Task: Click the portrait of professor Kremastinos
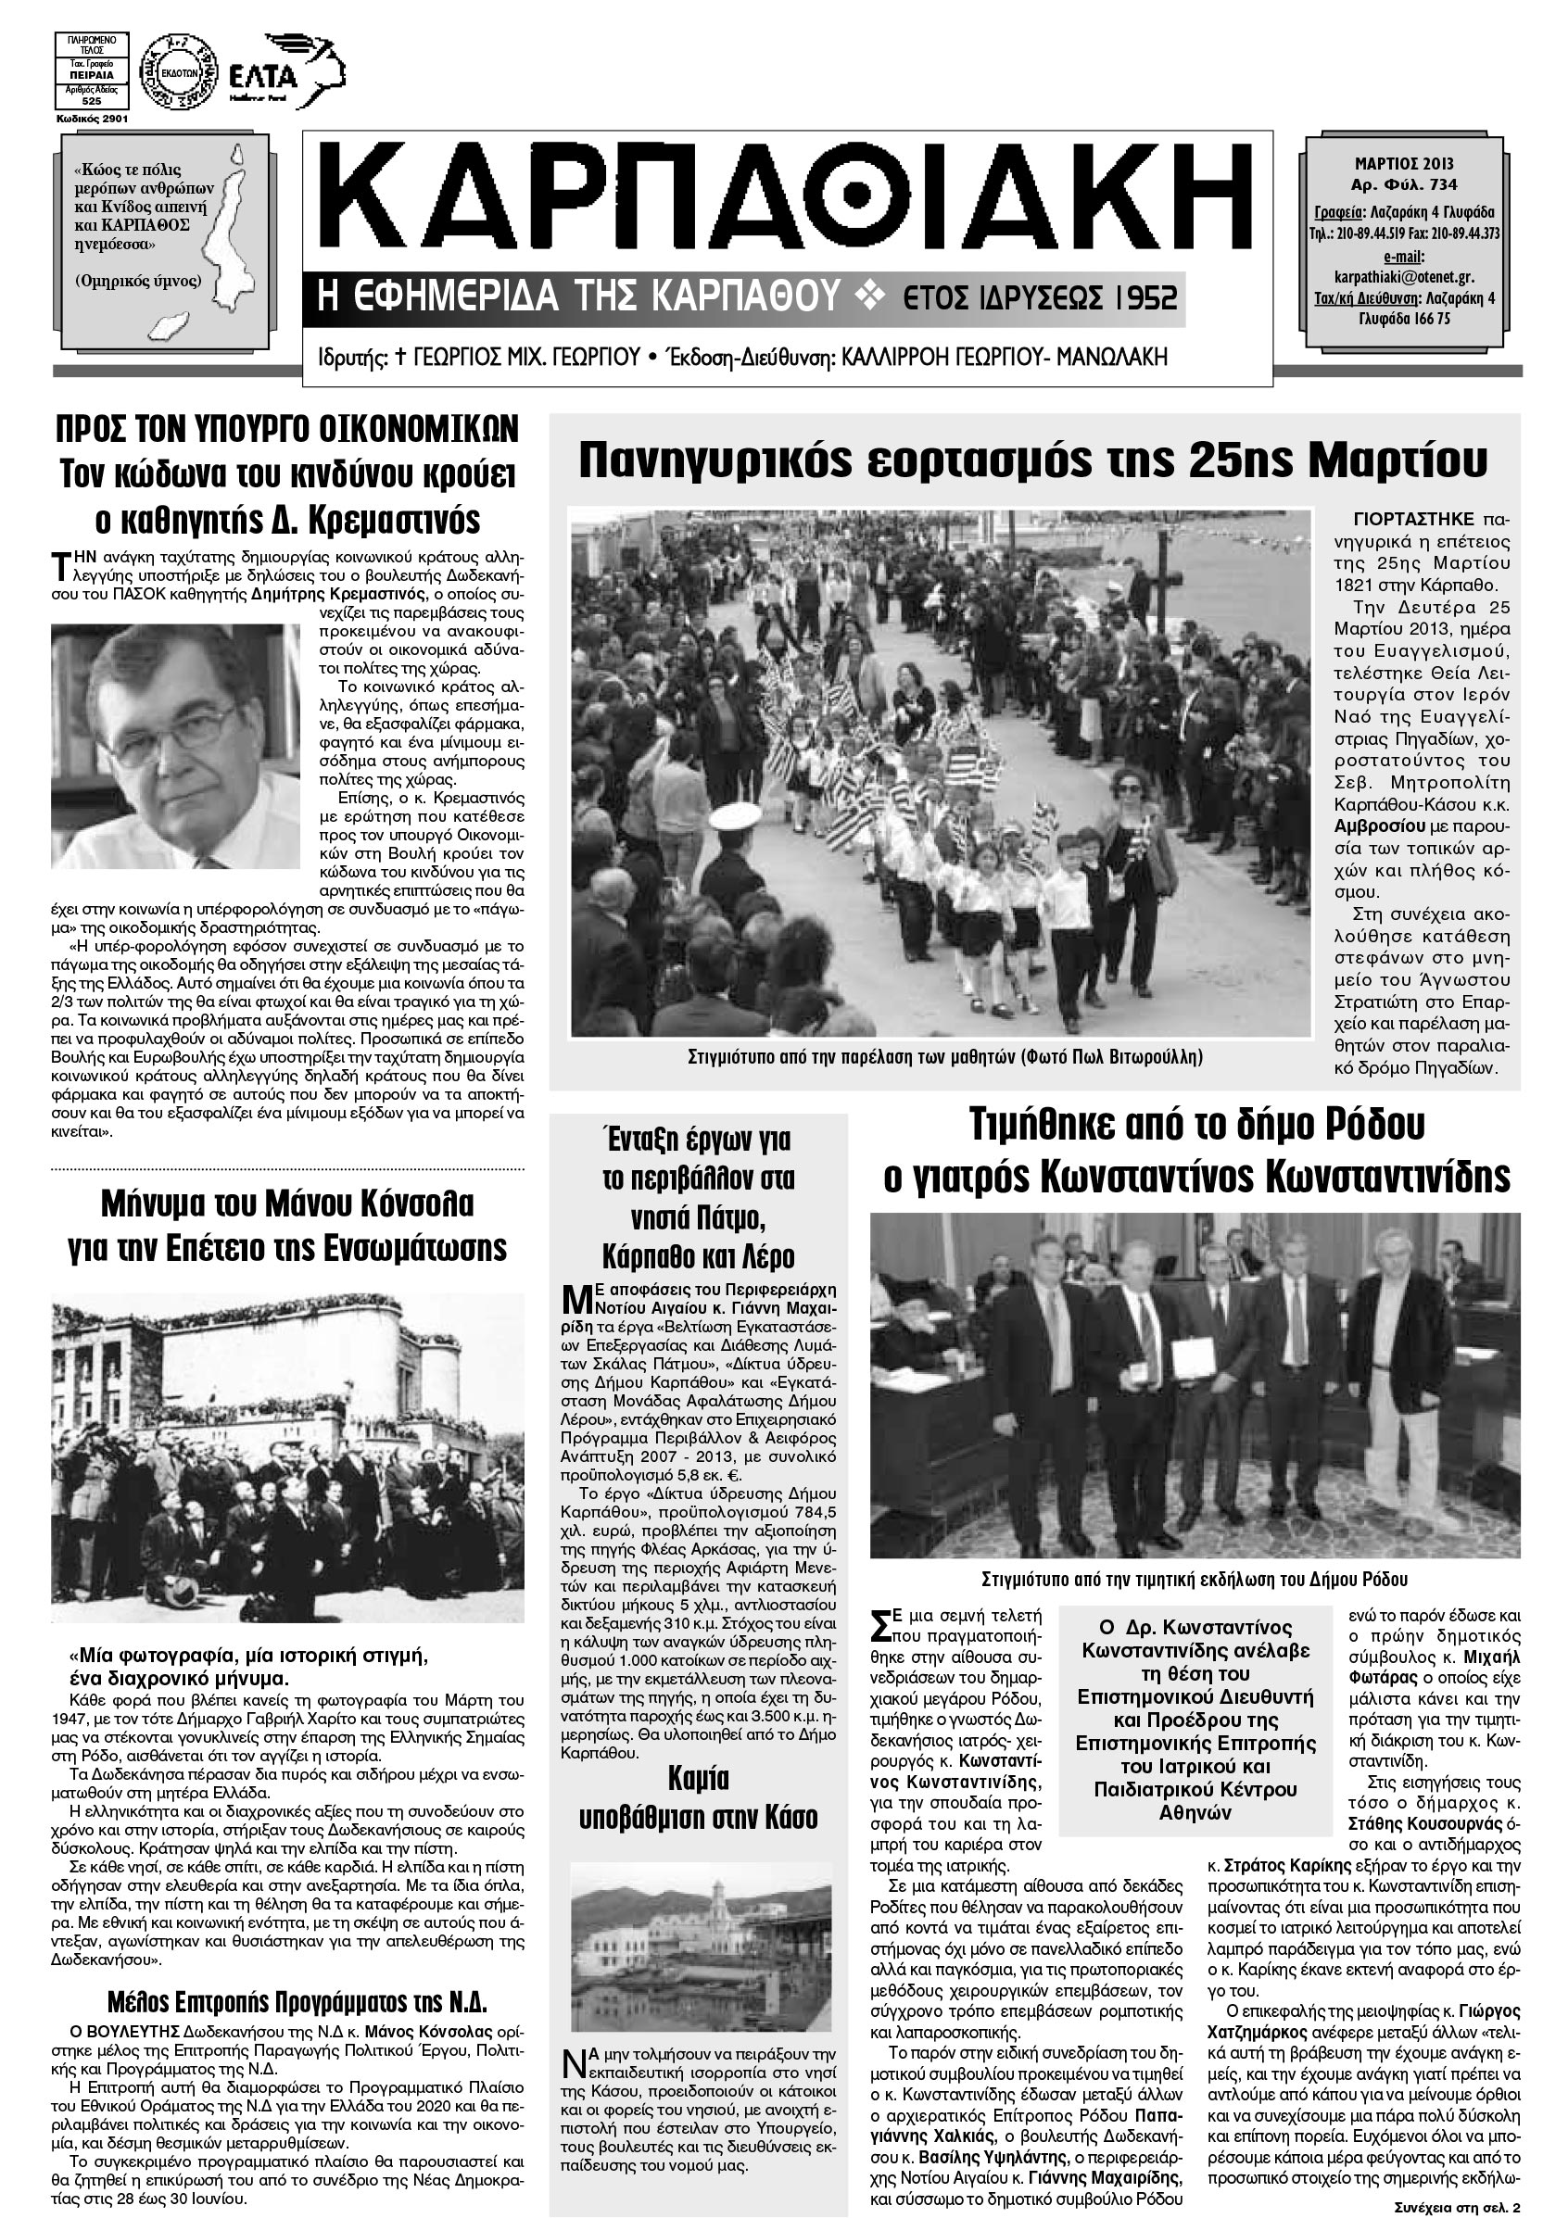click(x=175, y=746)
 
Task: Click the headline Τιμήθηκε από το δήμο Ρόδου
click(x=1196, y=1126)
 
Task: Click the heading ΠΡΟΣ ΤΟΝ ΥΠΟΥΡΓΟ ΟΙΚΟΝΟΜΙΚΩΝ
click(x=286, y=427)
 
